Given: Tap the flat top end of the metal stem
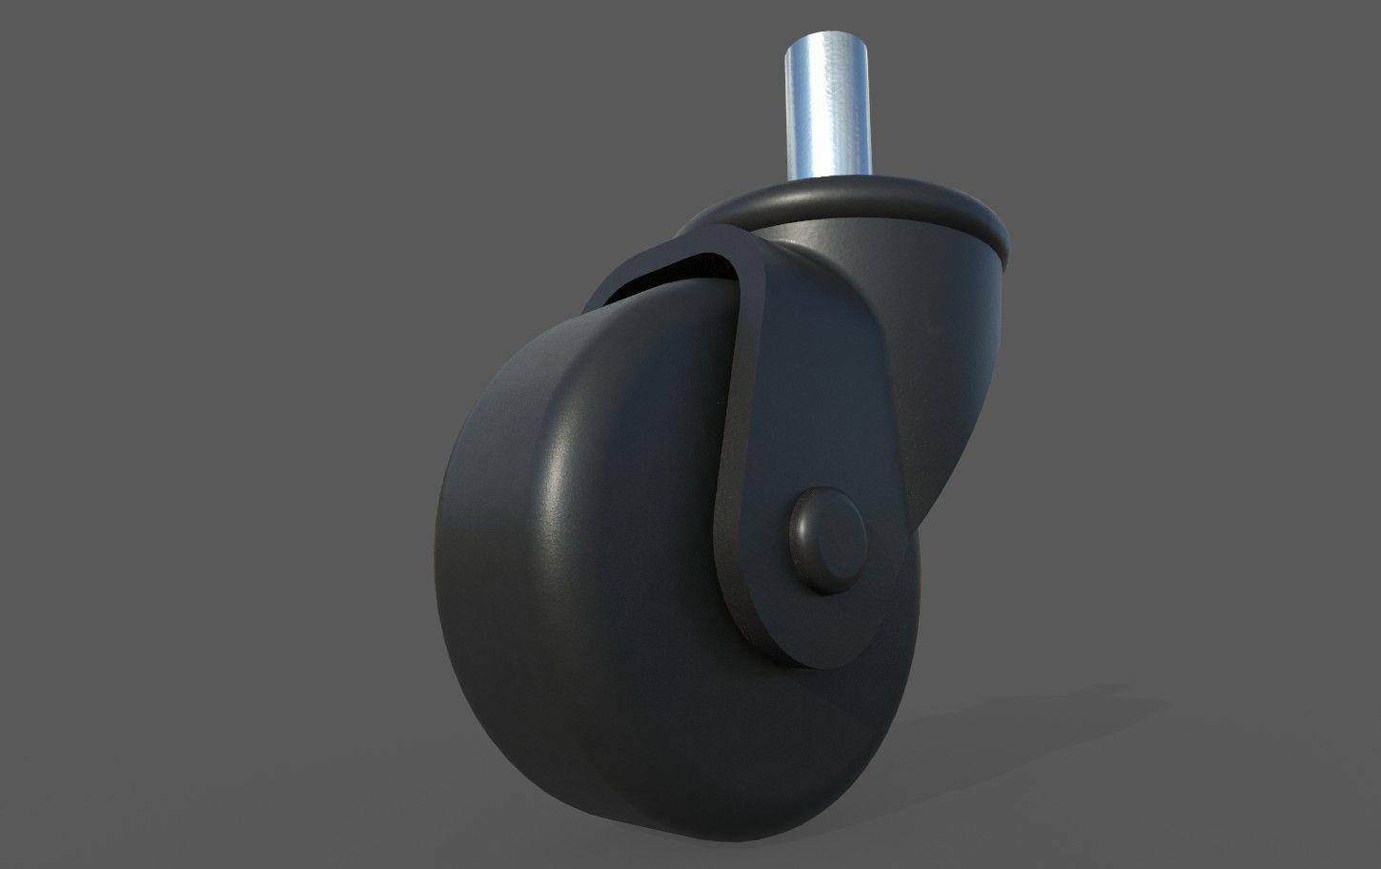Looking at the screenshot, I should click(x=825, y=42).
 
